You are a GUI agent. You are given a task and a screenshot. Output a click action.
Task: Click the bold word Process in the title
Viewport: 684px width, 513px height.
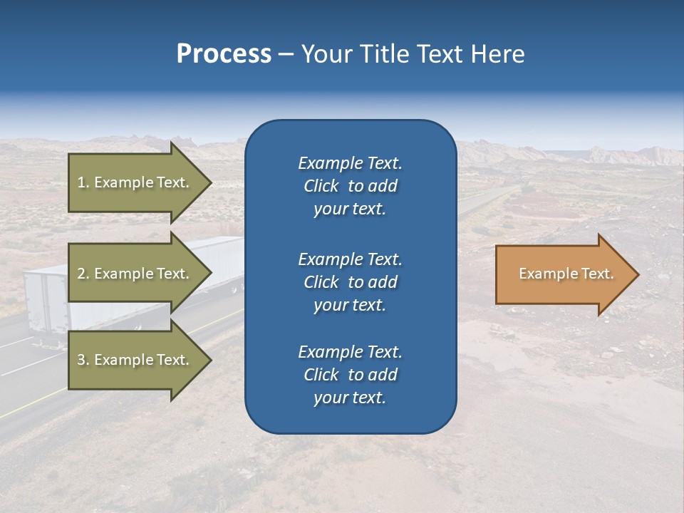tap(224, 54)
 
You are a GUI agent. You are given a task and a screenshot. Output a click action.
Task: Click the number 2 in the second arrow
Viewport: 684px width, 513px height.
tap(81, 274)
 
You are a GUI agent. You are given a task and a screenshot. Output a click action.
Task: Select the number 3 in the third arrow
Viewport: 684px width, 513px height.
tap(81, 360)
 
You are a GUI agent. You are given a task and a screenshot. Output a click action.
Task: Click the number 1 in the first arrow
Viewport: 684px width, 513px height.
tap(81, 182)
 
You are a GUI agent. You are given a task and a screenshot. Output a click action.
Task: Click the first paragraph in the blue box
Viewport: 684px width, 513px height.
tap(350, 186)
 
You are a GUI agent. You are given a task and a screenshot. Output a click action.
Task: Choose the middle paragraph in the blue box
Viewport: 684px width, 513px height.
tap(350, 282)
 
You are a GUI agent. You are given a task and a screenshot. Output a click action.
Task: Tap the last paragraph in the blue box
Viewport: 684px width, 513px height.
tap(350, 375)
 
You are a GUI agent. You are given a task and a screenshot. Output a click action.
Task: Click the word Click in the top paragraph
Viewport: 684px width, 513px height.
tap(321, 186)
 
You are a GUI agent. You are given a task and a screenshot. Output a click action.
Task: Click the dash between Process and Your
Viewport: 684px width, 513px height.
tap(286, 55)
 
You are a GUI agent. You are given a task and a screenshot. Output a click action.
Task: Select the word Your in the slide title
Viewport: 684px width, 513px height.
tap(326, 54)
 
